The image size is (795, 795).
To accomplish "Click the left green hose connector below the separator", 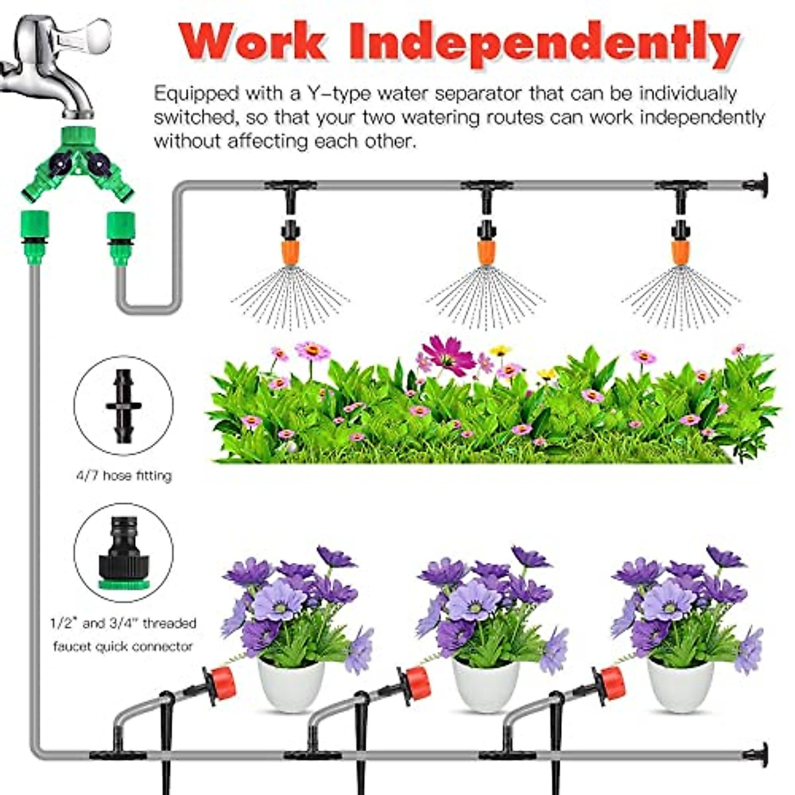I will (32, 236).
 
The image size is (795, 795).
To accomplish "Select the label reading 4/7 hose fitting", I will (123, 476).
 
